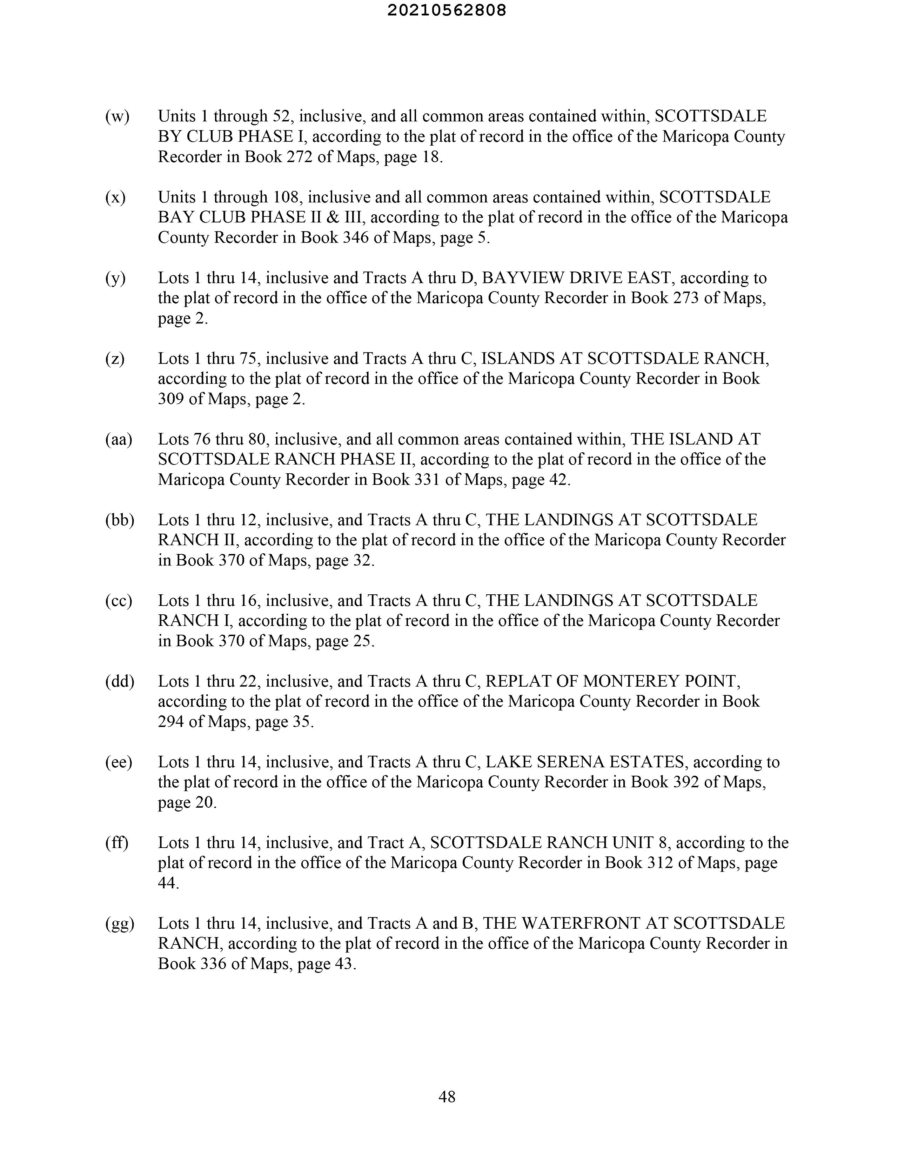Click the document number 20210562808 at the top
[447, 11]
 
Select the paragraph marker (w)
[117, 116]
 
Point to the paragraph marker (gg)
[120, 924]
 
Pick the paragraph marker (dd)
[120, 682]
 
